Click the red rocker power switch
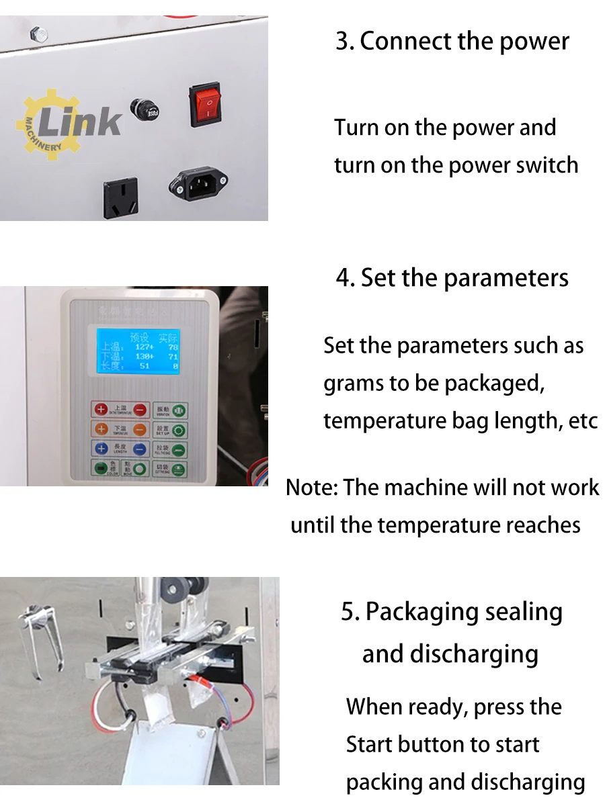pyautogui.click(x=206, y=105)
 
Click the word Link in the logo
pyautogui.click(x=81, y=122)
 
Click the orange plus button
pyautogui.click(x=101, y=429)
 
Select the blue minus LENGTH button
pyautogui.click(x=140, y=449)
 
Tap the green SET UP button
pyautogui.click(x=180, y=430)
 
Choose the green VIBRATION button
pyautogui.click(x=180, y=410)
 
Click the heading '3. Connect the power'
pyautogui.click(x=452, y=41)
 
